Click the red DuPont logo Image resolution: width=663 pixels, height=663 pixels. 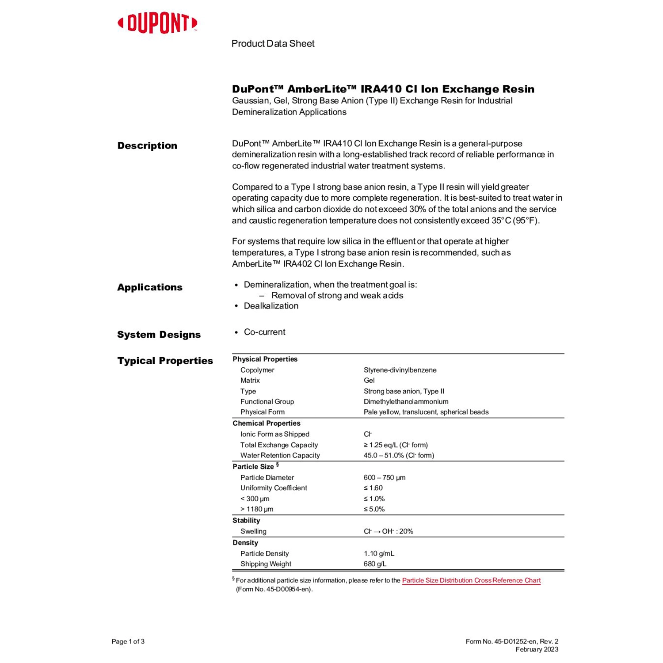pos(157,23)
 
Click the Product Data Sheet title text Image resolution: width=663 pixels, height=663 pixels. pos(273,44)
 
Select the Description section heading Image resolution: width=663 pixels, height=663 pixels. pos(147,146)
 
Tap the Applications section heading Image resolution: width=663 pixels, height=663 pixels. pos(149,287)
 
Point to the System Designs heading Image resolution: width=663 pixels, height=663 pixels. pos(159,335)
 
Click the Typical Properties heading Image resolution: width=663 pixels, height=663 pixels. pos(165,361)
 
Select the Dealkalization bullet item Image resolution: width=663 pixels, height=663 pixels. pos(271,306)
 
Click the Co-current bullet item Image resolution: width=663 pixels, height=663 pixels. pos(264,332)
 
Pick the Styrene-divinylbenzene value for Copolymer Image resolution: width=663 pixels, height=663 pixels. pos(400,370)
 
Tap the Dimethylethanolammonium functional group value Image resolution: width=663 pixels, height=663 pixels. pos(406,401)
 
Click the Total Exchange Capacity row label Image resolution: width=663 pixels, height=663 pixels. pos(279,445)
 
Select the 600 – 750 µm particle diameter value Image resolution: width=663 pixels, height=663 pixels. pos(385,477)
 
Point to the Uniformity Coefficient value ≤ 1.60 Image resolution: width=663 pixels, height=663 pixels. pos(373,488)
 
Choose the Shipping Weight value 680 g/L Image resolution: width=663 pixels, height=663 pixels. pos(375,564)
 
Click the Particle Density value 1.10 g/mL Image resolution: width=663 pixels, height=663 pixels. pos(379,553)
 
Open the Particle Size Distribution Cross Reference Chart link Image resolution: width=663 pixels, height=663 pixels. pos(471,580)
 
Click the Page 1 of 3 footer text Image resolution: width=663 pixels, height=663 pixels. pos(128,641)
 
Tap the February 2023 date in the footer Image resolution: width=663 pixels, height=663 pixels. pos(537,649)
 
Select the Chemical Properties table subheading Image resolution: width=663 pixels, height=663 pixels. pos(267,423)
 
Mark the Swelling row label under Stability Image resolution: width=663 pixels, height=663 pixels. pos(253,531)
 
